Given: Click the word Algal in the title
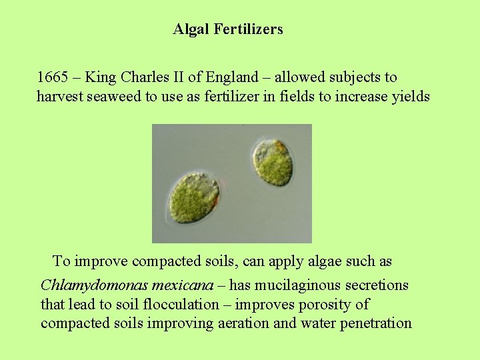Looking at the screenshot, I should tap(191, 29).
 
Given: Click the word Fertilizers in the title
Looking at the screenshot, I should tap(248, 29).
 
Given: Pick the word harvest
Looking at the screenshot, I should tap(60, 97).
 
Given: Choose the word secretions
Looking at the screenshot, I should tap(376, 286).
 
